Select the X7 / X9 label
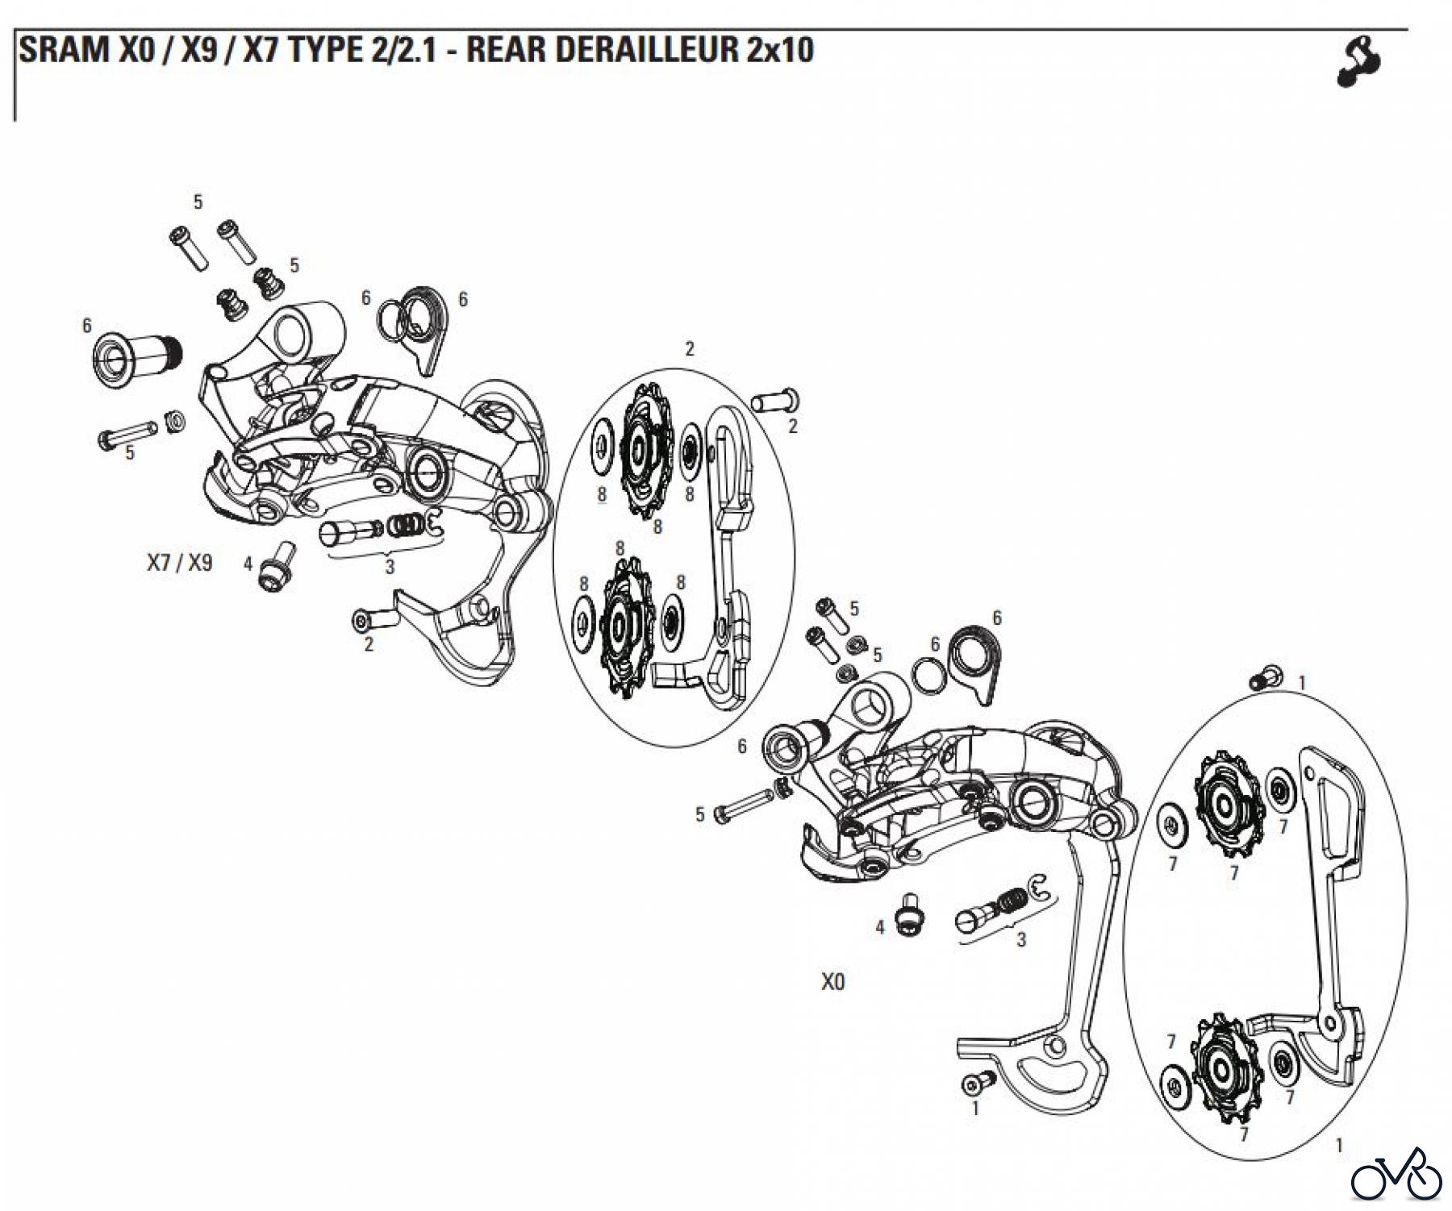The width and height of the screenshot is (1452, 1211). (179, 562)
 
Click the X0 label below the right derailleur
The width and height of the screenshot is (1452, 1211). (833, 982)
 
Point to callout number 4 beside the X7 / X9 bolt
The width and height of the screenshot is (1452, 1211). (248, 563)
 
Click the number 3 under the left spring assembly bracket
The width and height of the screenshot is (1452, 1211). (390, 567)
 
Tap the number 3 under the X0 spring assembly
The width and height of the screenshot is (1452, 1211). (1021, 940)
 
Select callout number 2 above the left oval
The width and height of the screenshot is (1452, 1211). (690, 349)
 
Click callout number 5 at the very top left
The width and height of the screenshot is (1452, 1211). (198, 202)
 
